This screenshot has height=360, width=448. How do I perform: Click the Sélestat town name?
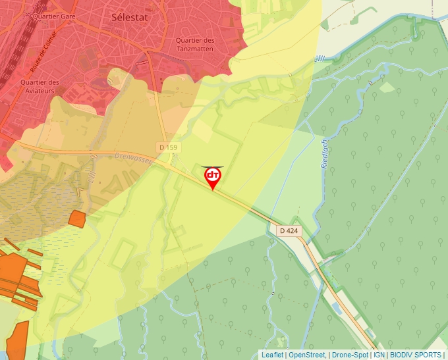[128, 18]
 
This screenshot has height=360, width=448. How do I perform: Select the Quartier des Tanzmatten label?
[196, 44]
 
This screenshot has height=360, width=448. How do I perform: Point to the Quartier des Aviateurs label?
[40, 86]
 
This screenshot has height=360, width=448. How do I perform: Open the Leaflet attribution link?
[272, 355]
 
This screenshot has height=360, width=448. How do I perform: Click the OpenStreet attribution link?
[307, 355]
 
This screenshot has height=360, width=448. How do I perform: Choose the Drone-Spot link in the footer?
[350, 355]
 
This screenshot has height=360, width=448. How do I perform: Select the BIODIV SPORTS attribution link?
[415, 355]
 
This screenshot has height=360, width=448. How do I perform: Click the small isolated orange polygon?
[77, 219]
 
